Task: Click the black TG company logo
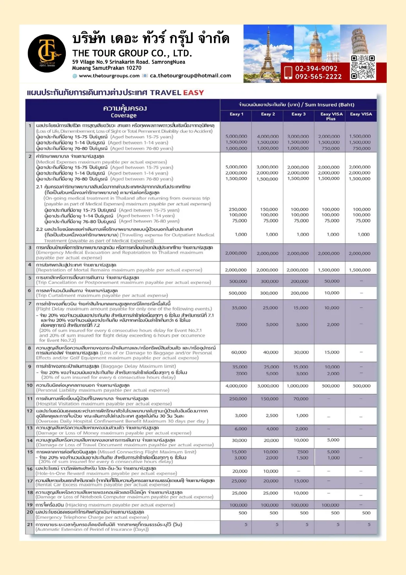47,53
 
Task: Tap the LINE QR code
363,67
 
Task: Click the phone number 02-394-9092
316,68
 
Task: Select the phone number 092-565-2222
318,77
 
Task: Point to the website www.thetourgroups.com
109,76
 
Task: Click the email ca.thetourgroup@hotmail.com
190,76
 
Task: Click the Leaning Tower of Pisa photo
363,39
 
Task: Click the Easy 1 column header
236,114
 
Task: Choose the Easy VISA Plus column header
331,116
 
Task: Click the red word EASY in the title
193,93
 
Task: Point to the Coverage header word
124,115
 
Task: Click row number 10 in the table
30,385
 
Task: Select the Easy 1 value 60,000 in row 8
239,352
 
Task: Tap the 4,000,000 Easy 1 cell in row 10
236,386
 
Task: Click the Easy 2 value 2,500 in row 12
272,415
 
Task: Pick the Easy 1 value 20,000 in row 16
239,471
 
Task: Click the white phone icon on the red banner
288,72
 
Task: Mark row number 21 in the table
30,524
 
